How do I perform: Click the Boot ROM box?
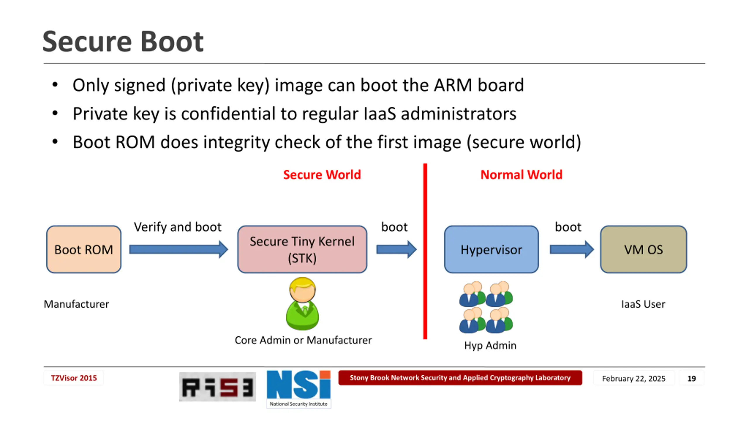tap(84, 249)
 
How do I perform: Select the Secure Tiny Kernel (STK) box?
tap(302, 249)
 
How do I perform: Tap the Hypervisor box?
tap(491, 249)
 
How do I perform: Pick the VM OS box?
tap(643, 249)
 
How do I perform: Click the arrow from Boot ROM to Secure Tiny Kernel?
tap(179, 249)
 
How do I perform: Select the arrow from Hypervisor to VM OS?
tap(572, 249)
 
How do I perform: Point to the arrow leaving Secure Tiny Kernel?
tap(396, 249)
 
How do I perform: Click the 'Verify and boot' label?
tap(178, 227)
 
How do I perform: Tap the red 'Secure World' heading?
tap(322, 175)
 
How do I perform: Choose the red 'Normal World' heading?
tap(521, 175)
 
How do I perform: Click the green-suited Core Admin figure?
tap(303, 304)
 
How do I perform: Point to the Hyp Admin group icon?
tap(486, 307)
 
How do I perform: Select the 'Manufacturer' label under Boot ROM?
tap(76, 304)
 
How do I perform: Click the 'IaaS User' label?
tap(643, 304)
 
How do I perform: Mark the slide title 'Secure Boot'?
tap(123, 42)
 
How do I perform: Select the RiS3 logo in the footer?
tap(217, 387)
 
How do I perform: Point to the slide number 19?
tap(691, 379)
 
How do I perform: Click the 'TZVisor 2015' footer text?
tap(74, 378)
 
